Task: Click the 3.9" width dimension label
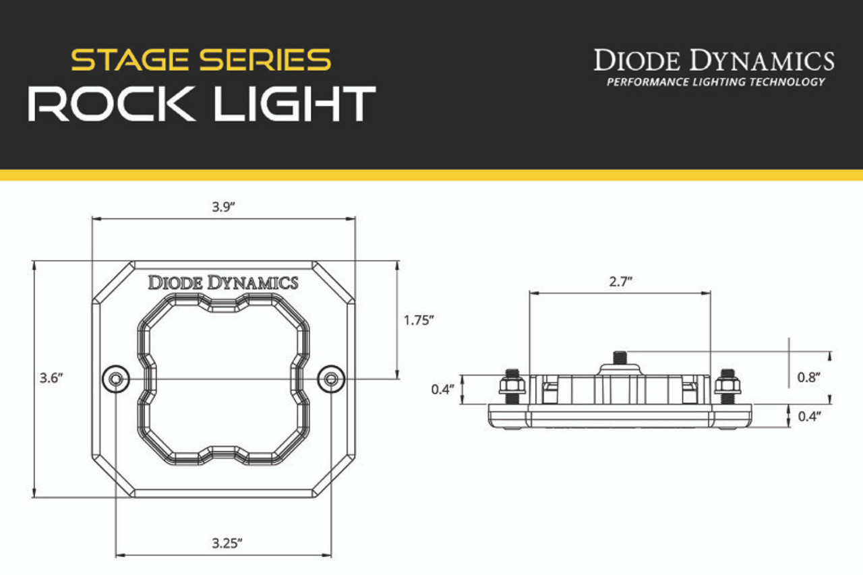(223, 207)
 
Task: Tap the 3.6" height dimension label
(51, 377)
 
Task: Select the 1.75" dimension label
(419, 320)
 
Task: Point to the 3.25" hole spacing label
(227, 543)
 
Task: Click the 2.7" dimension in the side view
(621, 282)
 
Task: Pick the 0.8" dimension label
(808, 377)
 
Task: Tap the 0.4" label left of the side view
(443, 390)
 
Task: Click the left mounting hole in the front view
(115, 380)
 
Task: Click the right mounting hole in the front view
(331, 380)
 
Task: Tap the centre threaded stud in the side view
(620, 358)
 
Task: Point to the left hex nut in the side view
(512, 385)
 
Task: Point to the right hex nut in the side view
(727, 385)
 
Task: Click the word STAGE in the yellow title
(129, 60)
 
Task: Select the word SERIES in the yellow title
(265, 60)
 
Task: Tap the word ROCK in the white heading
(111, 104)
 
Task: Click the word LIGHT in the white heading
(295, 104)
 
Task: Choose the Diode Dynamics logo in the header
(714, 60)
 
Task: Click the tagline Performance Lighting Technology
(716, 82)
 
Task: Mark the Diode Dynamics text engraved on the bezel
(223, 282)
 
